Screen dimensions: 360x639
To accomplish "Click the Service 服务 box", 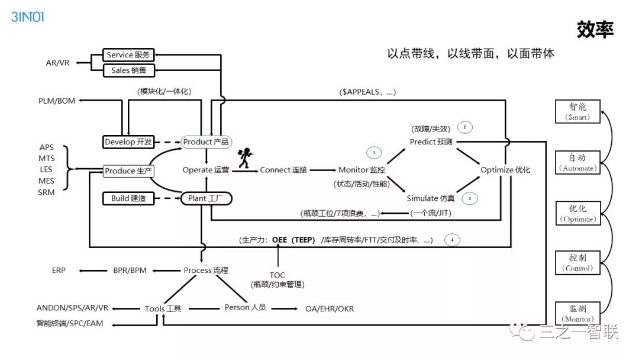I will (128, 55).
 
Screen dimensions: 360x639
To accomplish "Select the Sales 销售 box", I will (128, 70).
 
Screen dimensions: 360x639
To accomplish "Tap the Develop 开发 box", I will (128, 142).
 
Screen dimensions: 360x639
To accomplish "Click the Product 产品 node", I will (205, 142).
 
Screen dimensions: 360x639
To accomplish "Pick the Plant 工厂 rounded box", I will (205, 198).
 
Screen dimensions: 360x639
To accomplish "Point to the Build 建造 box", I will (128, 198).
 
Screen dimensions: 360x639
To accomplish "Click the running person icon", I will (243, 157).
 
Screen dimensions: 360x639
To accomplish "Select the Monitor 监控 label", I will (362, 171).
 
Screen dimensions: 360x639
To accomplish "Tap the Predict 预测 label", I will (432, 142).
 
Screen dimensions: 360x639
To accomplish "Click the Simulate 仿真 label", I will (431, 198).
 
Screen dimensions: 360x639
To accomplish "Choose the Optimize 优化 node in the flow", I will (505, 171).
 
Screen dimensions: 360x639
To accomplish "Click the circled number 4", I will (452, 240).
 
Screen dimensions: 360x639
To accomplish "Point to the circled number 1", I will (374, 153).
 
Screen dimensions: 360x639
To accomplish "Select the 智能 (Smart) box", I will (577, 111).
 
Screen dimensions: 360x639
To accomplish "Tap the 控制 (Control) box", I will (577, 262).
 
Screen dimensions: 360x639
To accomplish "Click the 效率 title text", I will (595, 30).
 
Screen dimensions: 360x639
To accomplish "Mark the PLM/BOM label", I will (57, 101).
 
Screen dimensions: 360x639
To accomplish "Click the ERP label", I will (59, 270).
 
